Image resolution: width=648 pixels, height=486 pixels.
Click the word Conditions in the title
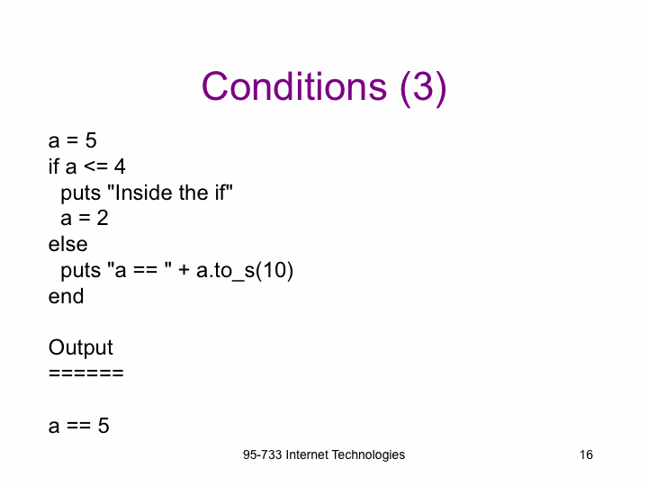pyautogui.click(x=294, y=86)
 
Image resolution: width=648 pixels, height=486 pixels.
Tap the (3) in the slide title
pyautogui.click(x=423, y=87)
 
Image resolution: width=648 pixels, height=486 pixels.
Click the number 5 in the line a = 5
pyautogui.click(x=91, y=140)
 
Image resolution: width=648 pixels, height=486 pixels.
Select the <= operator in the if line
pyautogui.click(x=96, y=166)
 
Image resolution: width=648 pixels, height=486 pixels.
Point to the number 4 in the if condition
pyautogui.click(x=120, y=166)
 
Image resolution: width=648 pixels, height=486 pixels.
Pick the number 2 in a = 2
pyautogui.click(x=103, y=218)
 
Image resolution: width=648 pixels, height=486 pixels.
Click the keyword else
pyautogui.click(x=67, y=244)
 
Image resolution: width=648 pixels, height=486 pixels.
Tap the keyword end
pyautogui.click(x=66, y=296)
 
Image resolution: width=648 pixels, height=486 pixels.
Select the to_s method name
pyautogui.click(x=234, y=271)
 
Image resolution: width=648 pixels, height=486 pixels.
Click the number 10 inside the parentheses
pyautogui.click(x=274, y=270)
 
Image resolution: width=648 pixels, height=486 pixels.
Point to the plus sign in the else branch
pyautogui.click(x=184, y=271)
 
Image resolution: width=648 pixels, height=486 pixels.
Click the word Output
pyautogui.click(x=81, y=348)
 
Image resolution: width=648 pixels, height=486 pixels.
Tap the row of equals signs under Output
pyautogui.click(x=86, y=373)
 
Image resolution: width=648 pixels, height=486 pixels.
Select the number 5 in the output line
pyautogui.click(x=103, y=426)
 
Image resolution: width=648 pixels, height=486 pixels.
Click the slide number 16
pyautogui.click(x=586, y=454)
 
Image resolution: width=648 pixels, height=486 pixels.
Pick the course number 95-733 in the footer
pyautogui.click(x=263, y=454)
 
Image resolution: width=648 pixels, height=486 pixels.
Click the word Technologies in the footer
pyautogui.click(x=368, y=455)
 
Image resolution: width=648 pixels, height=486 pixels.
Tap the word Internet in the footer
pyautogui.click(x=307, y=454)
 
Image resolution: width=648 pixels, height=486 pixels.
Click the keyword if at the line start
pyautogui.click(x=54, y=166)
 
